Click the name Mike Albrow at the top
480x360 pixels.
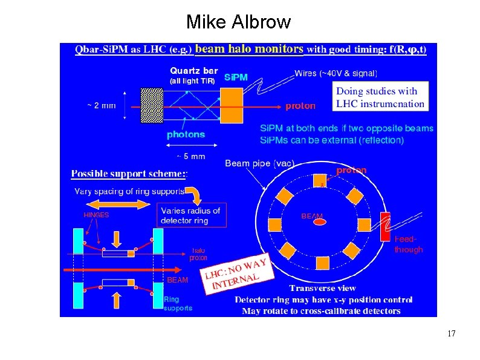(239, 22)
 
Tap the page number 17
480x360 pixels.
(450, 334)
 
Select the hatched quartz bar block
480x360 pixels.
(151, 105)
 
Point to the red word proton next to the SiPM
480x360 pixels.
(300, 106)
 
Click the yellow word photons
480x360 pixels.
(186, 134)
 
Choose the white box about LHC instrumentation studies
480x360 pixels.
(380, 97)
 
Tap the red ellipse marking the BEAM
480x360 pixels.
(319, 222)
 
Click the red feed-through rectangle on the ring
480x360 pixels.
(385, 227)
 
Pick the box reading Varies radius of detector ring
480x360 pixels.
(192, 215)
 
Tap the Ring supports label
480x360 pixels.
(178, 304)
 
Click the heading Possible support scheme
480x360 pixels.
(129, 174)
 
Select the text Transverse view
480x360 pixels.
(322, 288)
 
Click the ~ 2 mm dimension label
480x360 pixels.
(101, 105)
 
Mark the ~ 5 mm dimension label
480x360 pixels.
(190, 156)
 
